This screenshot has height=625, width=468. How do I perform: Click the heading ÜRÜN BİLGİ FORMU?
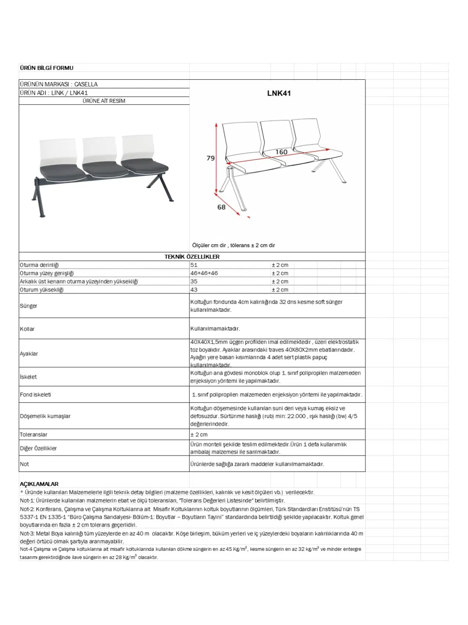click(x=46, y=68)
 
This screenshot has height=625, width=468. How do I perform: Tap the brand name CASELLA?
click(x=86, y=84)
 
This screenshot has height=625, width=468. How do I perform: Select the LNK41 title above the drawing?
click(x=279, y=93)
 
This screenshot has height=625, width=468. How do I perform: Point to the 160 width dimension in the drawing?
click(x=281, y=152)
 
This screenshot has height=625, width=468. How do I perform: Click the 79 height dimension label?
click(x=211, y=158)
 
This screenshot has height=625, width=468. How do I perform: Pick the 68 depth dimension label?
click(x=222, y=207)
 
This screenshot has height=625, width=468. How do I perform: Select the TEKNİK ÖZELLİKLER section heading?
click(x=192, y=257)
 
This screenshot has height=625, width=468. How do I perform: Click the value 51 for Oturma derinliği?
click(x=194, y=265)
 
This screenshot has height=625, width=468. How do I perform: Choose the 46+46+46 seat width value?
click(x=204, y=273)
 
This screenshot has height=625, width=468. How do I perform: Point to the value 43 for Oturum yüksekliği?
click(x=194, y=290)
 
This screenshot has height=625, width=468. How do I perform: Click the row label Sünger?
click(x=28, y=306)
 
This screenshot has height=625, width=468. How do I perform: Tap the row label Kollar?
click(x=27, y=329)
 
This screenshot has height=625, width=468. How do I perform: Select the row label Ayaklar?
click(x=29, y=354)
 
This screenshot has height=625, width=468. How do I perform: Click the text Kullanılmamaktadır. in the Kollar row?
click(x=215, y=329)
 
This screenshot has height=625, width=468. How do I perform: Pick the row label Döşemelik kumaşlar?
click(x=45, y=416)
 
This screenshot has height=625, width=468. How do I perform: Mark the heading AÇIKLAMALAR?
click(x=39, y=484)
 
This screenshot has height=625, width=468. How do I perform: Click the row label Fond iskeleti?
click(x=35, y=395)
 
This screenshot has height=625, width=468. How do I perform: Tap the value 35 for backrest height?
click(x=194, y=281)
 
